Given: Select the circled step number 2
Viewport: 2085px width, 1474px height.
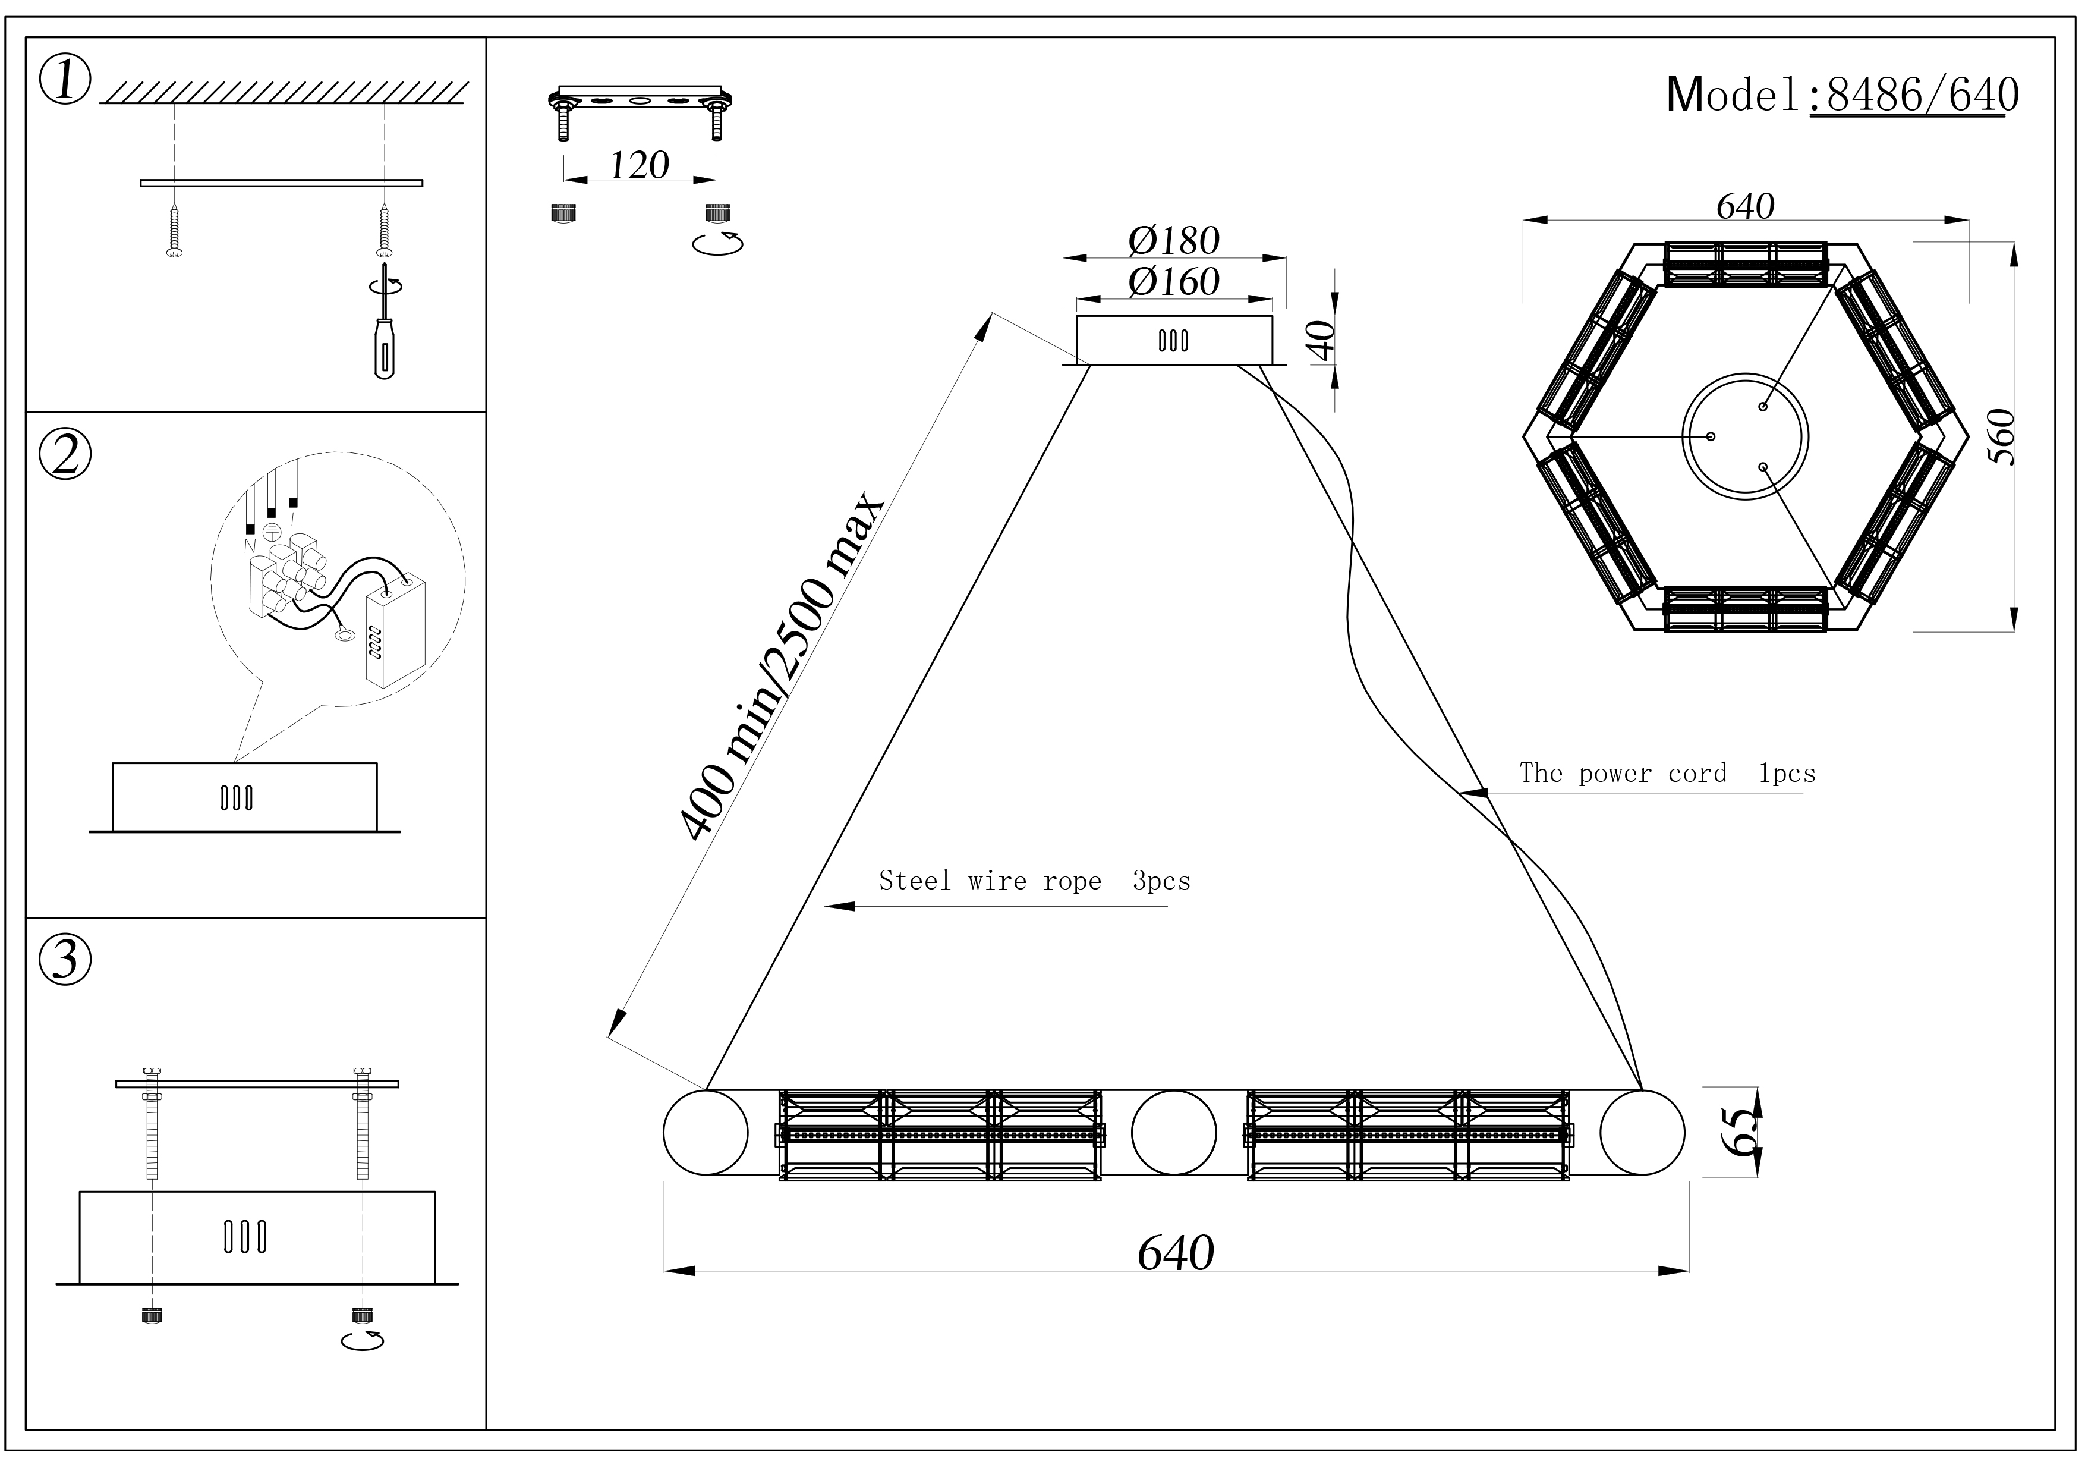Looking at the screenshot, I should [x=65, y=454].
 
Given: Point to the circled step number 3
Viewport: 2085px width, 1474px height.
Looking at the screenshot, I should [x=65, y=960].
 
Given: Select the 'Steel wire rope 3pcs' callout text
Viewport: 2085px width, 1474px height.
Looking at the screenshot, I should [x=1034, y=881].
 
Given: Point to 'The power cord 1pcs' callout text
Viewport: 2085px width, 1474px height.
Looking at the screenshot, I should [x=1667, y=774].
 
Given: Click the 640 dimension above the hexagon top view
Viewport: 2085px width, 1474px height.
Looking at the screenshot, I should [x=1744, y=206].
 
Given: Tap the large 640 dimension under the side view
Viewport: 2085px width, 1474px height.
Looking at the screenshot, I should [x=1175, y=1253].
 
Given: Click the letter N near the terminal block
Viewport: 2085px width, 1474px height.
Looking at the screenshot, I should [x=250, y=547].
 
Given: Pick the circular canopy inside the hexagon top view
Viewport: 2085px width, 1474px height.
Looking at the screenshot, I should [x=1744, y=436].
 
